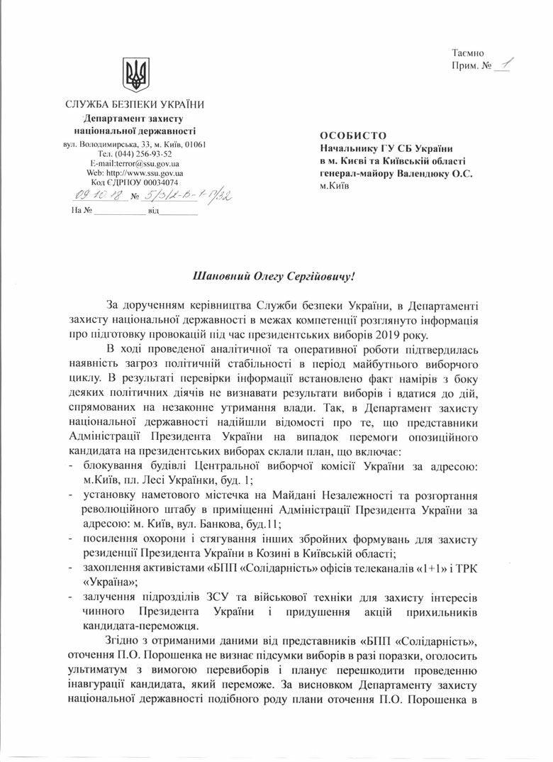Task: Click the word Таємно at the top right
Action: [x=467, y=53]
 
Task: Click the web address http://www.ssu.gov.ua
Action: [x=148, y=172]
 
